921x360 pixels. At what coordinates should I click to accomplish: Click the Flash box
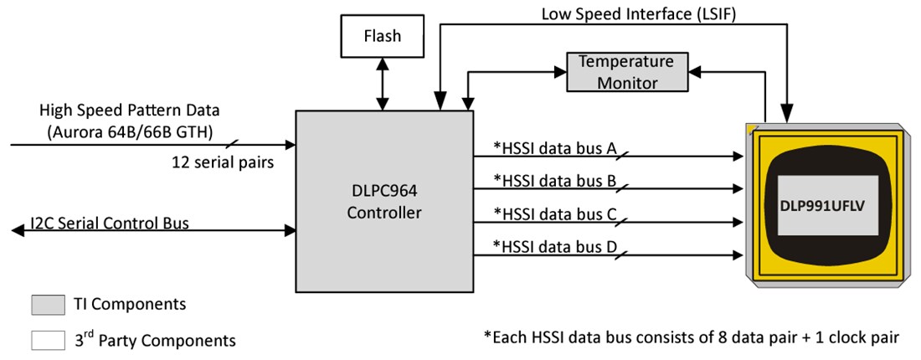383,36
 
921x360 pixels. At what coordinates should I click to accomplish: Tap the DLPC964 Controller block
383,202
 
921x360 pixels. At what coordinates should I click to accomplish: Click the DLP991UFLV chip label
827,205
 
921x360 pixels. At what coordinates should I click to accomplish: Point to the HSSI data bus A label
555,149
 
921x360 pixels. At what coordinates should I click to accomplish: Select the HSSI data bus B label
555,180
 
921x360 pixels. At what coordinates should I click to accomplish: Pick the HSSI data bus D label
555,247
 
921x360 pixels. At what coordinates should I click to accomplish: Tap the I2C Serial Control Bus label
109,224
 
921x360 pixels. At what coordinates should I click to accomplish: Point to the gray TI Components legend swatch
47,304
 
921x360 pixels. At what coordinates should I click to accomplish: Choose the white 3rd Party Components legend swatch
47,340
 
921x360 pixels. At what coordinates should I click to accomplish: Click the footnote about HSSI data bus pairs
692,338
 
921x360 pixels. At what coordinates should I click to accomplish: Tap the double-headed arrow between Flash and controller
383,84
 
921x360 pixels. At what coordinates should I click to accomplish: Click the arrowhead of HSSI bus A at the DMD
738,156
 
